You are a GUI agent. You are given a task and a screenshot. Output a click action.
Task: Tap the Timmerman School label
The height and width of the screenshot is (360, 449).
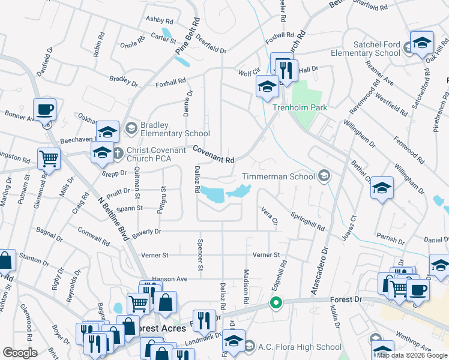pyautogui.click(x=278, y=176)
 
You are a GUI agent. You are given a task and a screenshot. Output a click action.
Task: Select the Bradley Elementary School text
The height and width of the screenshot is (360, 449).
pyautogui.click(x=175, y=129)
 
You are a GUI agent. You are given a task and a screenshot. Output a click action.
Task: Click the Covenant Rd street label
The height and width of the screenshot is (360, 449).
pyautogui.click(x=213, y=154)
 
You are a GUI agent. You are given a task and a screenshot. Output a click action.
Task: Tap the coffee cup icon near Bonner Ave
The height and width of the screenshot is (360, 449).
pyautogui.click(x=44, y=110)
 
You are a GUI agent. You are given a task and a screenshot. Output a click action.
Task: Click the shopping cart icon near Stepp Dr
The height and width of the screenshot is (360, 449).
pyautogui.click(x=49, y=159)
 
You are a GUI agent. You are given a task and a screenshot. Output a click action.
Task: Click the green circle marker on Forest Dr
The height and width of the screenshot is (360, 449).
pyautogui.click(x=276, y=303)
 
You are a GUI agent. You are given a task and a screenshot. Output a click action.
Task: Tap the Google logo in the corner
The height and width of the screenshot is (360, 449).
pyautogui.click(x=20, y=353)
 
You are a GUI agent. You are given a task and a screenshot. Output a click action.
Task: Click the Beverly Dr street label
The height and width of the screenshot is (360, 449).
pyautogui.click(x=146, y=233)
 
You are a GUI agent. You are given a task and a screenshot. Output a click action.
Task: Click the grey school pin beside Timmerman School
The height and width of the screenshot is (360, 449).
pyautogui.click(x=324, y=175)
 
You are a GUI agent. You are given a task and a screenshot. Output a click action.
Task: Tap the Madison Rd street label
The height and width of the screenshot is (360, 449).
pyautogui.click(x=246, y=286)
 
